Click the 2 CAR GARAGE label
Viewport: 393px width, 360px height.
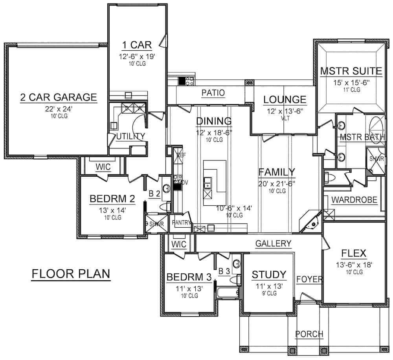tap(59, 97)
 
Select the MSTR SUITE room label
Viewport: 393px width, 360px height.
tap(351, 71)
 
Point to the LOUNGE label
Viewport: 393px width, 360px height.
tap(285, 100)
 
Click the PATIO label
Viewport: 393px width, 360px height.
tap(213, 93)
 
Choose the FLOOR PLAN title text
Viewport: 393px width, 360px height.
tap(71, 274)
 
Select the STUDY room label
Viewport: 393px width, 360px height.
tap(269, 274)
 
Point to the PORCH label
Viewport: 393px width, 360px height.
tap(309, 334)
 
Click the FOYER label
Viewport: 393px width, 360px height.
tap(309, 280)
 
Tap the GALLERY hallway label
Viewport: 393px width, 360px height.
tap(274, 244)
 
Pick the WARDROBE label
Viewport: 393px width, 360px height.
tap(354, 200)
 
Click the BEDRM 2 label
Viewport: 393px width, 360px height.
tap(112, 199)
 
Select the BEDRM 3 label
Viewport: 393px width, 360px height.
tap(189, 277)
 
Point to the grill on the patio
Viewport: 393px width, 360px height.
tap(185, 81)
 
